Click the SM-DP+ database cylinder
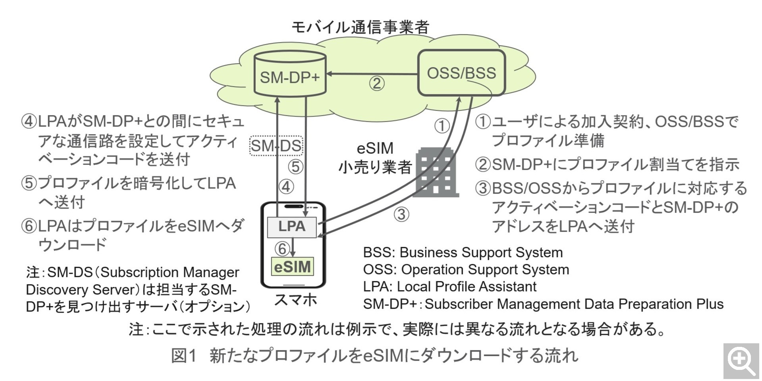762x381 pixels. click(289, 75)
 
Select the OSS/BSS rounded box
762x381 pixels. click(461, 73)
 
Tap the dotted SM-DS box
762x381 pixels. click(276, 146)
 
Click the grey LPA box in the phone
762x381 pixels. click(292, 227)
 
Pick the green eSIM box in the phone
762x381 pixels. click(292, 267)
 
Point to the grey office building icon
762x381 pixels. click(436, 172)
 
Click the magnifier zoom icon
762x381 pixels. click(741, 361)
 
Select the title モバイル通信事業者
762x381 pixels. click(360, 27)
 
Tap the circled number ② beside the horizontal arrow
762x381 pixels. click(377, 84)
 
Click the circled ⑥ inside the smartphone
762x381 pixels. click(282, 249)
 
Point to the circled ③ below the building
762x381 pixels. click(401, 215)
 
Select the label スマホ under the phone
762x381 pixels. click(295, 300)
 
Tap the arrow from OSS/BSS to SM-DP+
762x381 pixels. click(371, 74)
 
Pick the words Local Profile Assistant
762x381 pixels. click(467, 287)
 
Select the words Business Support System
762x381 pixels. click(481, 252)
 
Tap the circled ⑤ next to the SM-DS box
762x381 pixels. click(296, 167)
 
